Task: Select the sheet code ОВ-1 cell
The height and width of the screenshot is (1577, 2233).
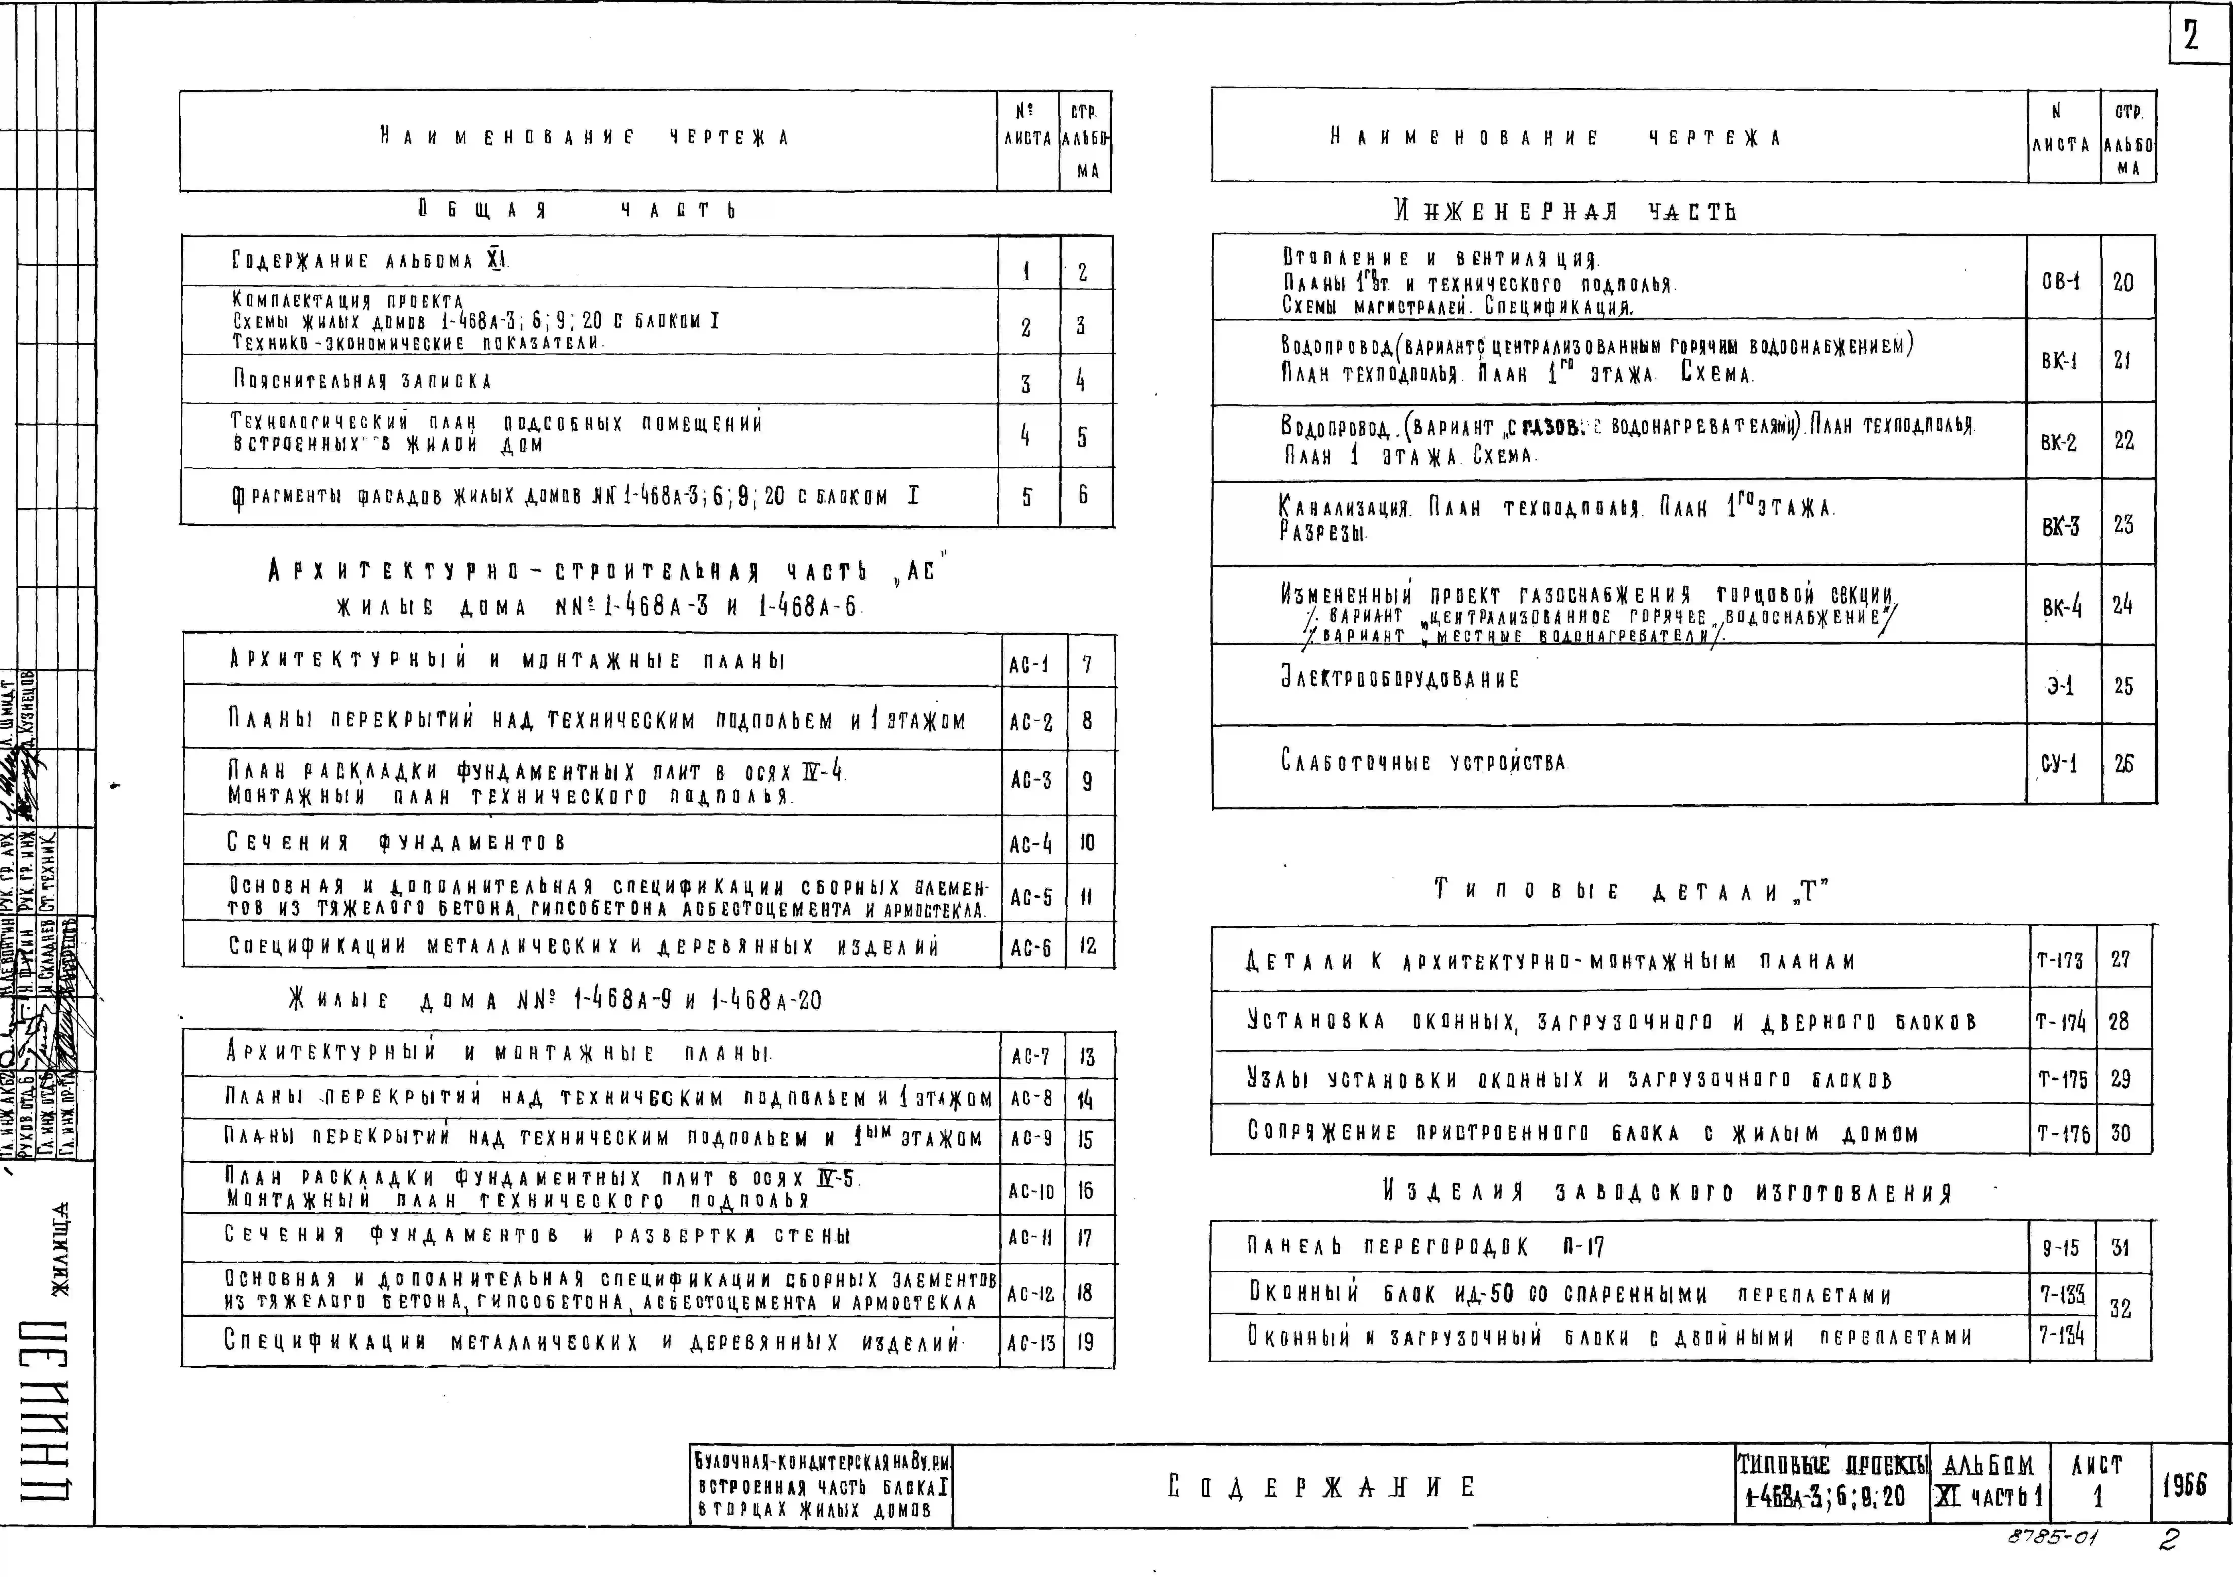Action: [2061, 282]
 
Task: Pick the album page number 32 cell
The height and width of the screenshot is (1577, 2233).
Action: [2120, 1309]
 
